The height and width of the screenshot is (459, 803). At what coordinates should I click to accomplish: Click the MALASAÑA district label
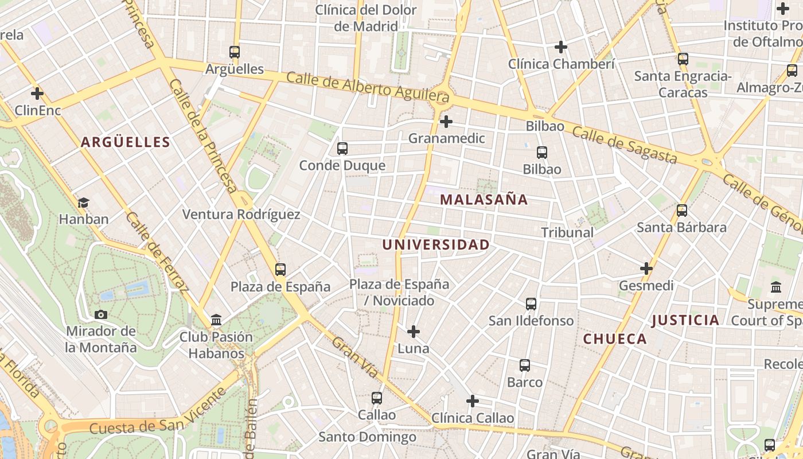point(484,200)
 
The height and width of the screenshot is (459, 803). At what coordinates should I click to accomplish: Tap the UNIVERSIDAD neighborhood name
point(436,245)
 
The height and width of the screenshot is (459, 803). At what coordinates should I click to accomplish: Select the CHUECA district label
point(615,339)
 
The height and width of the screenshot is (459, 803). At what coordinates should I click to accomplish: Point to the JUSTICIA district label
point(685,320)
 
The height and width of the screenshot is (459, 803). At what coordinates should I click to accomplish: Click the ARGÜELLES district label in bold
point(126,142)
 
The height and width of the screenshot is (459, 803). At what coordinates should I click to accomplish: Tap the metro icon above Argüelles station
point(235,52)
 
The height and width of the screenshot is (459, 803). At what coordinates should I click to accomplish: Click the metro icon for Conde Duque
point(342,149)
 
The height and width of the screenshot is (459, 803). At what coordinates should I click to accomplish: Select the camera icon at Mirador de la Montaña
point(101,314)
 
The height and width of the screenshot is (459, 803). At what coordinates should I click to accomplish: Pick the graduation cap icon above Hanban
point(84,203)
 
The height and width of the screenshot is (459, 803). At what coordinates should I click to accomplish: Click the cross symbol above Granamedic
point(446,122)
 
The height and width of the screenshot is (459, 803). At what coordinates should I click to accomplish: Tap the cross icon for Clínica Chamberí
point(561,47)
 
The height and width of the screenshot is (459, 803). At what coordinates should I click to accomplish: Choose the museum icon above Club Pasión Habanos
point(216,320)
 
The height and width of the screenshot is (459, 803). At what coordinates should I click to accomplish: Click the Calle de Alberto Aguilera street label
point(367,85)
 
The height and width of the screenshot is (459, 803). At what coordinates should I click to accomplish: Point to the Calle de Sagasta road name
point(625,145)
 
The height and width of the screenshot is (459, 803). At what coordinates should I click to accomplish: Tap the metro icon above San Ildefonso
point(531,304)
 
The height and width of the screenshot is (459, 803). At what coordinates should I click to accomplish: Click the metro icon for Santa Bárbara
point(682,211)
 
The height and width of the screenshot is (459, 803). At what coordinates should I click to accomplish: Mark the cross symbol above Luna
point(414,332)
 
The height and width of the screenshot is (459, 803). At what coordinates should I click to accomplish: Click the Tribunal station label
point(567,232)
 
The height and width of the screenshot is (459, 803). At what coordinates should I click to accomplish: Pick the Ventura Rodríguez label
point(241,215)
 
